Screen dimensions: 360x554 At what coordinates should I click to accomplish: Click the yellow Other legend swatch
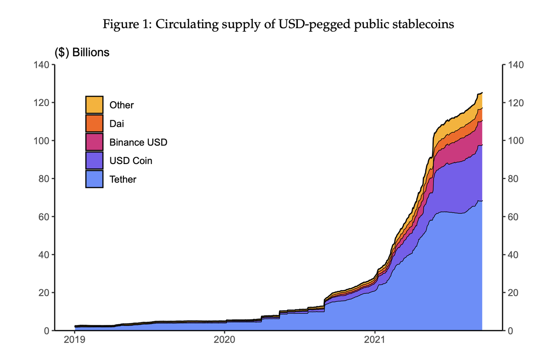(94, 105)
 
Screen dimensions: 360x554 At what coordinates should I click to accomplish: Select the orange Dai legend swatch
(94, 123)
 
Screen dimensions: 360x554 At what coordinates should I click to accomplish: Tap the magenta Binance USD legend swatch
(94, 142)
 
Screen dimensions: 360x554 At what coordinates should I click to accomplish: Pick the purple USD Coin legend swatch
(94, 161)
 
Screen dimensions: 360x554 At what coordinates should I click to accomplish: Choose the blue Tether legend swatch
(94, 179)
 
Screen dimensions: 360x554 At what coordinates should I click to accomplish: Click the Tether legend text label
(123, 179)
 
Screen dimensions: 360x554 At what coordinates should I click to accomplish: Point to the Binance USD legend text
(138, 142)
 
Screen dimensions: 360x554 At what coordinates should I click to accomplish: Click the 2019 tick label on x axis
(74, 340)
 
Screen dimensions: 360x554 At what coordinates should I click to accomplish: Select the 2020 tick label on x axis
(225, 340)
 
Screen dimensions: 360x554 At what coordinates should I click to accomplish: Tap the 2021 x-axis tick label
(375, 340)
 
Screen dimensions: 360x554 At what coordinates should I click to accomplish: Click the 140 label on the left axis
(42, 65)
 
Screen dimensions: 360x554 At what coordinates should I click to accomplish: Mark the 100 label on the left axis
(42, 141)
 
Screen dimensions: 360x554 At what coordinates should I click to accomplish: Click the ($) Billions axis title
(82, 53)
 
